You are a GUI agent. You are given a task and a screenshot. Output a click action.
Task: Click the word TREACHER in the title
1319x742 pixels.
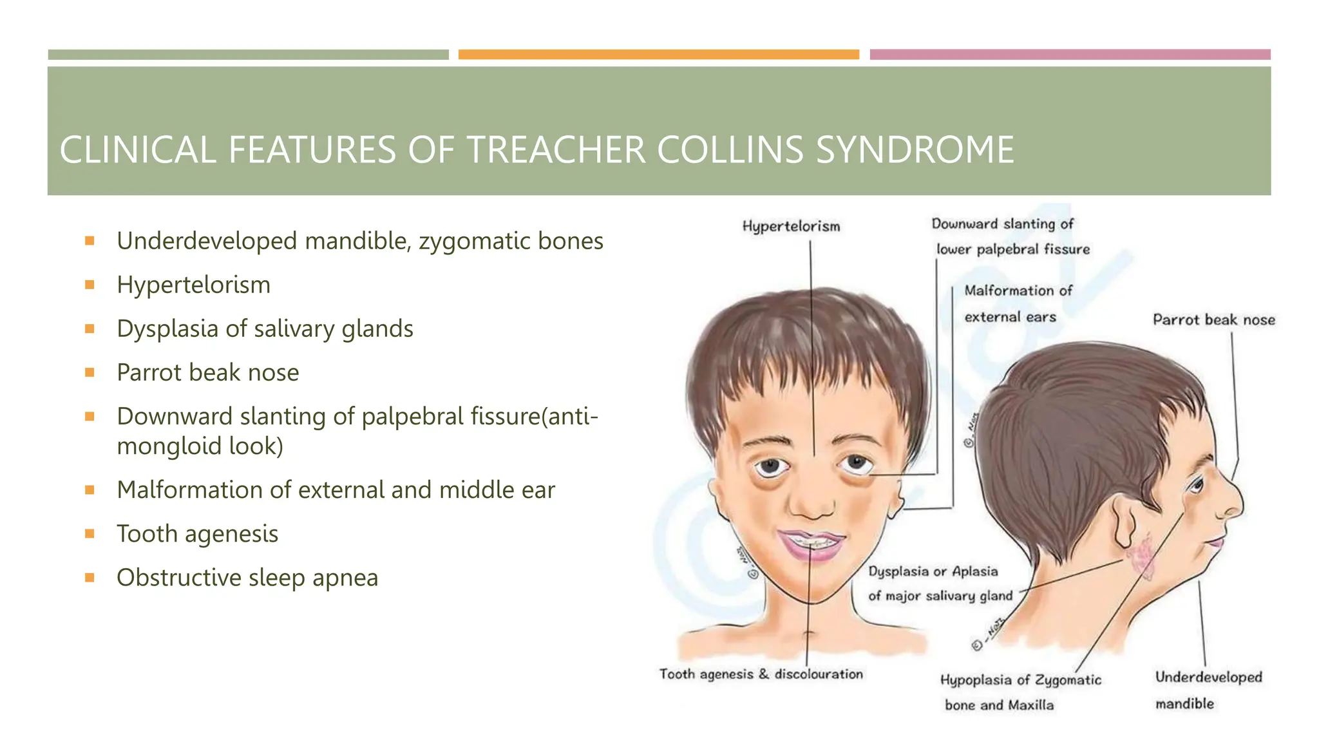(x=555, y=150)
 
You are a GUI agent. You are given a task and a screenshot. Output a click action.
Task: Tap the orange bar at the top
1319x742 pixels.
(x=658, y=55)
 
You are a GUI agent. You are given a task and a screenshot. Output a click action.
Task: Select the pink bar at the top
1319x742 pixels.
(x=1070, y=55)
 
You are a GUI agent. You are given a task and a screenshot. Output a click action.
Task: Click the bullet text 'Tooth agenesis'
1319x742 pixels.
(x=197, y=534)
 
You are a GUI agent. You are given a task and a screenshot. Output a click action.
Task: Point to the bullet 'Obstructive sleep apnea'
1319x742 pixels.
(x=247, y=578)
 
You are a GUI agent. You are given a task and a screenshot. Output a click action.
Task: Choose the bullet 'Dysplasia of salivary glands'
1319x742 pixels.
(x=265, y=329)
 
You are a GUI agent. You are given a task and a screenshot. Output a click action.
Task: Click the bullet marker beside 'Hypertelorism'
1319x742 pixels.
(x=90, y=285)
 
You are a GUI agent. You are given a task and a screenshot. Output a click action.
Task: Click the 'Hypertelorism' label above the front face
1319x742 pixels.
(x=791, y=226)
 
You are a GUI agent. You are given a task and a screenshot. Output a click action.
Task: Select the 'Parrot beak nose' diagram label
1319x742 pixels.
(x=1213, y=319)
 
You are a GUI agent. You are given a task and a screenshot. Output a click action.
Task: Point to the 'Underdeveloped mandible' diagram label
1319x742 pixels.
(x=1208, y=689)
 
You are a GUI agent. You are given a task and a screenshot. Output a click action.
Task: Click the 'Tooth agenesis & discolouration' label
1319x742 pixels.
(x=761, y=674)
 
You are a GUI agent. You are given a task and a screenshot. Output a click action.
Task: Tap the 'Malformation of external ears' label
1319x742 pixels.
(x=1018, y=303)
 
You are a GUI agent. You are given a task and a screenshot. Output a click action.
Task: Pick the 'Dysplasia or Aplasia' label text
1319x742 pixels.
(x=933, y=571)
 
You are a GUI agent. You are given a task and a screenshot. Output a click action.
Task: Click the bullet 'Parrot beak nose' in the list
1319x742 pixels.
(x=207, y=373)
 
